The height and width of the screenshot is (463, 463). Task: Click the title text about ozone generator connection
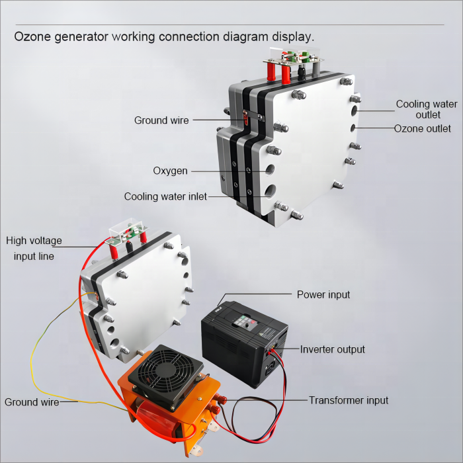coord(165,36)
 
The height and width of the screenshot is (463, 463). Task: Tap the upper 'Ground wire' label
coord(161,120)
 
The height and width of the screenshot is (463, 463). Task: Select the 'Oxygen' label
coord(170,171)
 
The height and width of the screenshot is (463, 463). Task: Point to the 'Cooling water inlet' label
coord(165,196)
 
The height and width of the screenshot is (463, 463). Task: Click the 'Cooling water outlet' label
coord(426,109)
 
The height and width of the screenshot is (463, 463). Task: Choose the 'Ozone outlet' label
coord(423,128)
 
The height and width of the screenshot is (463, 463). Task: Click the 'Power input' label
coord(323,294)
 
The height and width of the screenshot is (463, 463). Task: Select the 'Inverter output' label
coord(332,349)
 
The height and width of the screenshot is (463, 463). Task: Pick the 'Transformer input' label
coord(349,400)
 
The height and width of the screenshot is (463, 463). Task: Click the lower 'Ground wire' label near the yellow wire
coord(31,401)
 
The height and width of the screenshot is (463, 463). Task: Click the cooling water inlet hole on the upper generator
coord(271,192)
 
